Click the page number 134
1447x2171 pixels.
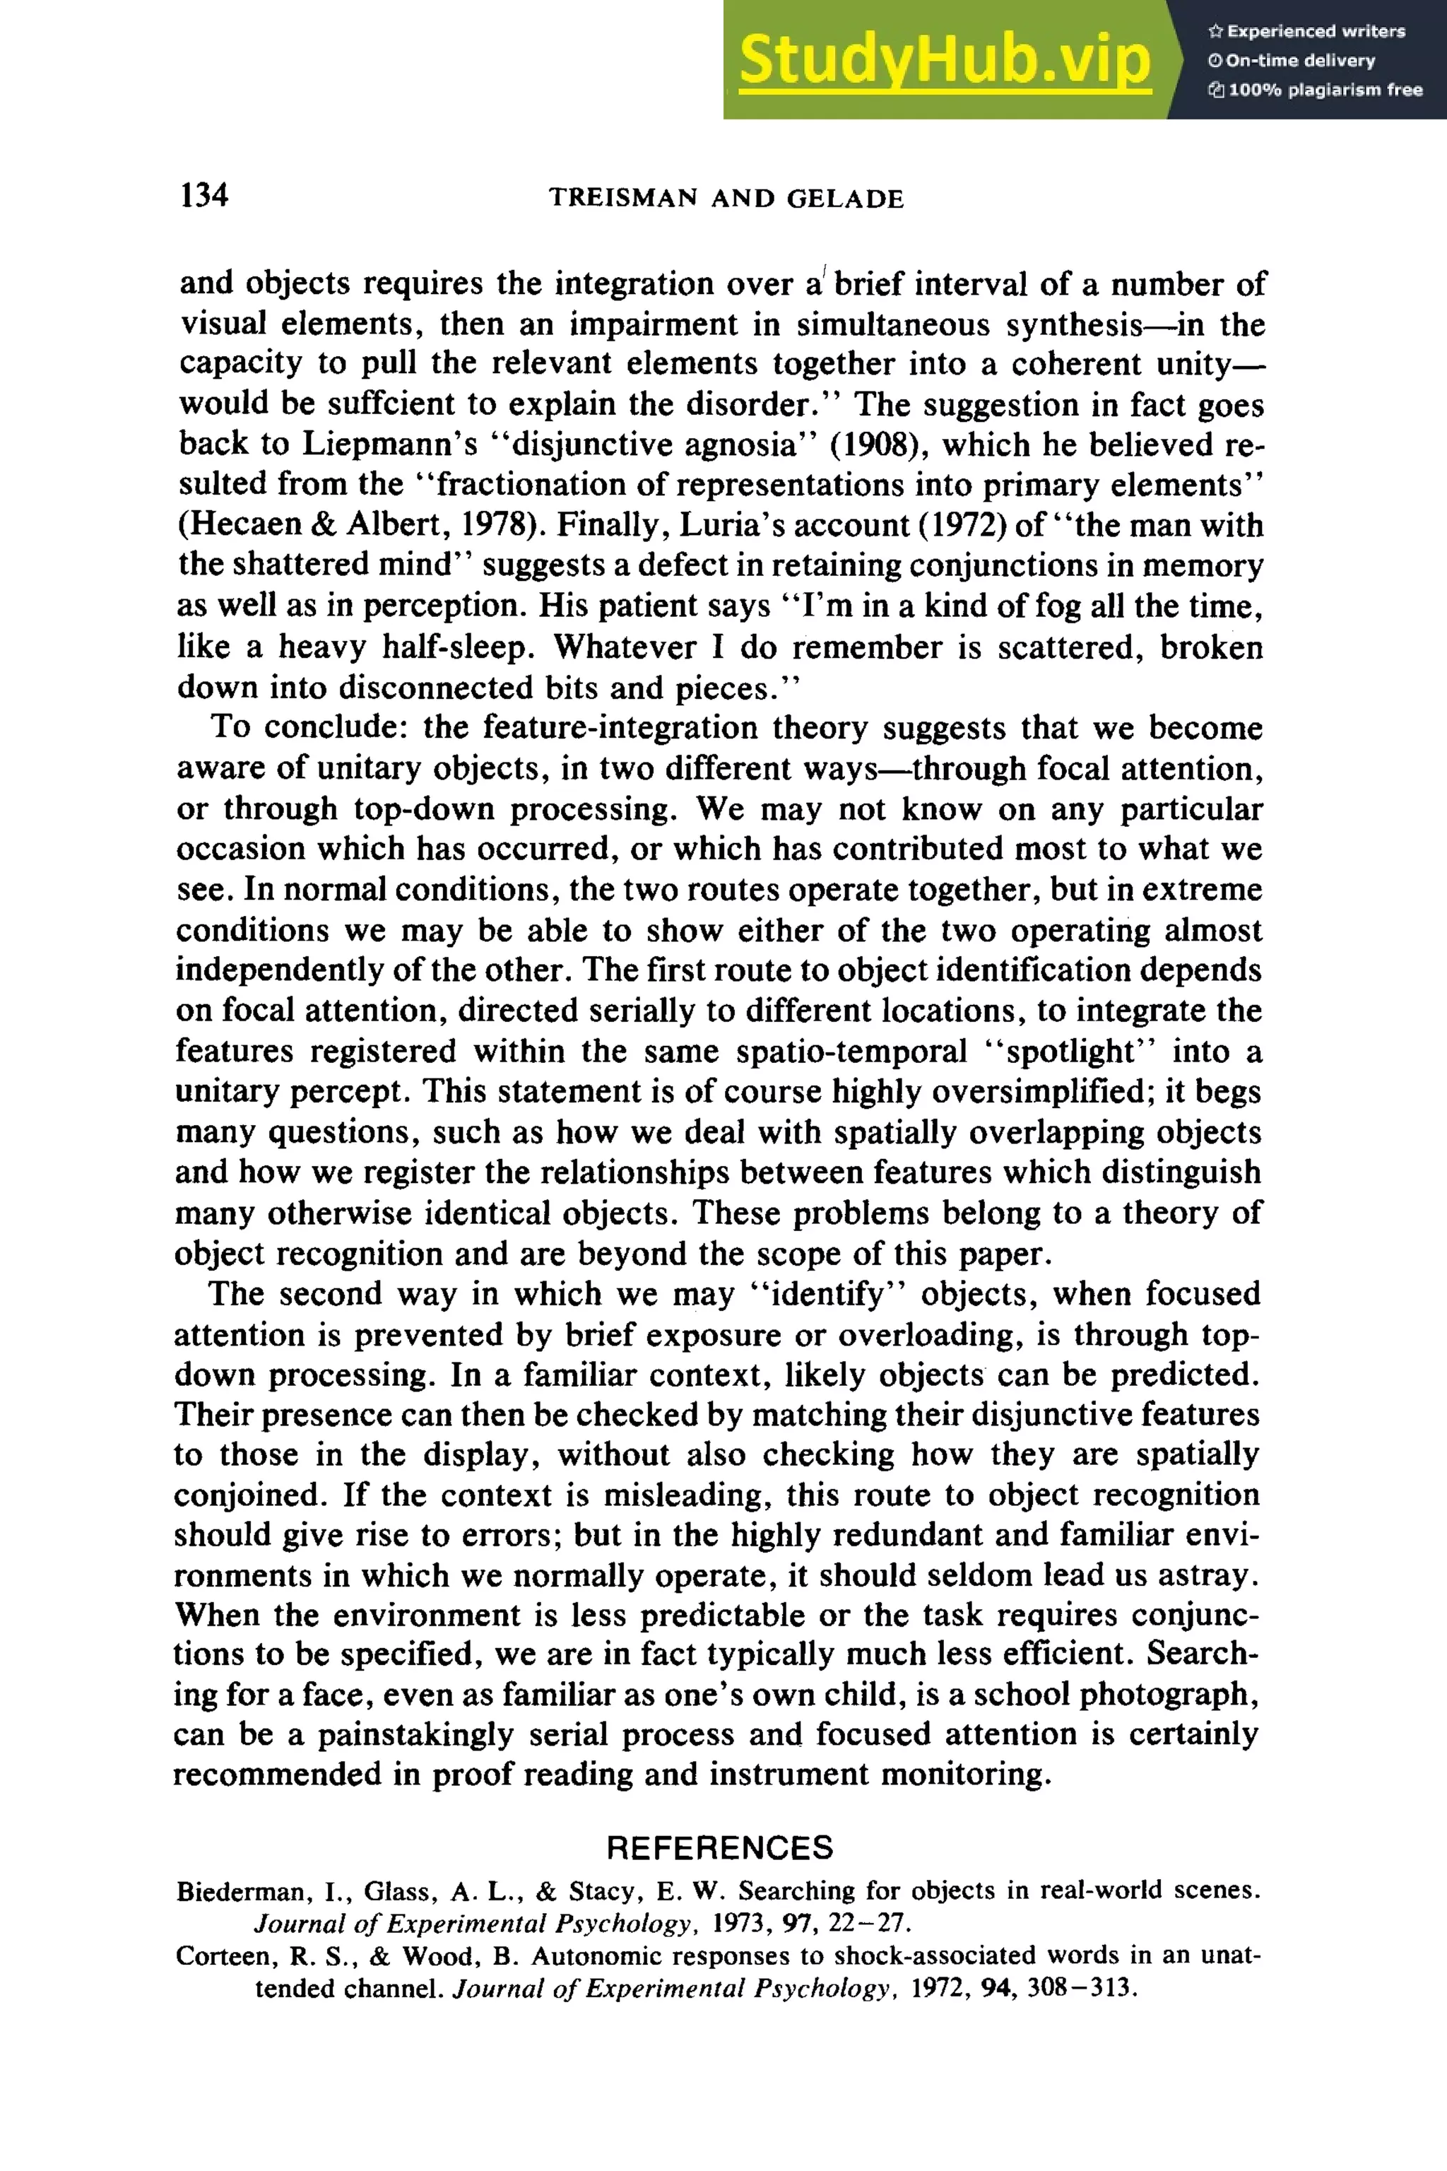(x=204, y=195)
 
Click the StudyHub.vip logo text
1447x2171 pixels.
(x=944, y=60)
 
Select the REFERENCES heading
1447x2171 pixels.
(x=720, y=1848)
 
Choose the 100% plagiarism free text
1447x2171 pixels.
(x=1323, y=90)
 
